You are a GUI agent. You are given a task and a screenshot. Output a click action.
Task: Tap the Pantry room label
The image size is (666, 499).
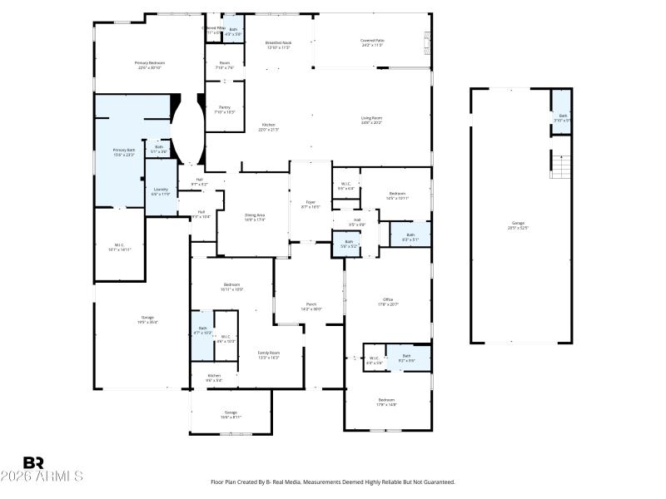pyautogui.click(x=225, y=109)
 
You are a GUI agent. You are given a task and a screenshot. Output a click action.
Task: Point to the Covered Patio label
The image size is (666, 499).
pyautogui.click(x=372, y=42)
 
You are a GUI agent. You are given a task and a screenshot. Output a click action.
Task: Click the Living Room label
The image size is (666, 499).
pyautogui.click(x=371, y=121)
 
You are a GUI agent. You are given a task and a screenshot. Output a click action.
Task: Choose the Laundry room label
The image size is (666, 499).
pyautogui.click(x=161, y=191)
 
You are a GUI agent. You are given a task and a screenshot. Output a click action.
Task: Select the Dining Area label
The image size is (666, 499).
pyautogui.click(x=255, y=217)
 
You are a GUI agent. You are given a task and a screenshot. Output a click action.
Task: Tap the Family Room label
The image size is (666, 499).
pyautogui.click(x=268, y=355)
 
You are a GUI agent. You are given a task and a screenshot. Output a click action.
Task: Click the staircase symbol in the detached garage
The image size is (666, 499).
pyautogui.click(x=564, y=166)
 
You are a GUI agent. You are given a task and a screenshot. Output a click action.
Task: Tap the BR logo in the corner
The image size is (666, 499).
pyautogui.click(x=33, y=463)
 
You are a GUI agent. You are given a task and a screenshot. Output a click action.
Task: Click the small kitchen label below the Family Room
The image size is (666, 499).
pyautogui.click(x=214, y=378)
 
